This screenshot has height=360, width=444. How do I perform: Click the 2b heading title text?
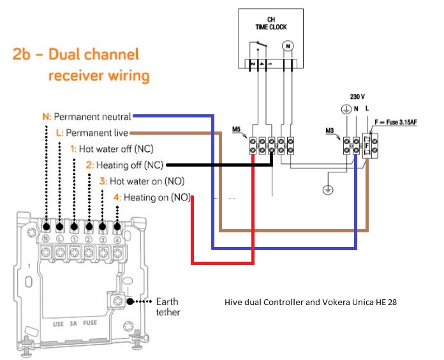click(x=81, y=65)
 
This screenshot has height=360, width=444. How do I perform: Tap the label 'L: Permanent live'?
click(x=93, y=133)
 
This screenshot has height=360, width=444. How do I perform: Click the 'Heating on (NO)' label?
click(x=152, y=197)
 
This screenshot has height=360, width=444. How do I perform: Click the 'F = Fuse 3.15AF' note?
click(x=406, y=122)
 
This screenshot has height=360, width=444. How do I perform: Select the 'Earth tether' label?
click(x=167, y=306)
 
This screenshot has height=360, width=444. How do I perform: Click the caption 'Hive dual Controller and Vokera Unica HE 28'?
click(x=311, y=302)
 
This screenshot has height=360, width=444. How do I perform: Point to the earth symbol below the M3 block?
click(x=327, y=190)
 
